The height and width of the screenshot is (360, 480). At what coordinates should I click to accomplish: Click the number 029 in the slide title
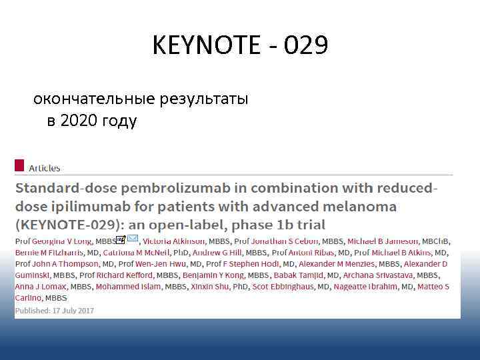[x=305, y=45]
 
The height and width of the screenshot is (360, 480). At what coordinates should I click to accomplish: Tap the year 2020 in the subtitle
[x=78, y=121]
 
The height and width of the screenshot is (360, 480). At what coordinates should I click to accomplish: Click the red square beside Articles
[x=19, y=165]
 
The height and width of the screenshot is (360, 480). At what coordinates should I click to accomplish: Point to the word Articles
[x=44, y=168]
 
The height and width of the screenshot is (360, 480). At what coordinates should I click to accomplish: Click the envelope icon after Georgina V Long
[x=133, y=239]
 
